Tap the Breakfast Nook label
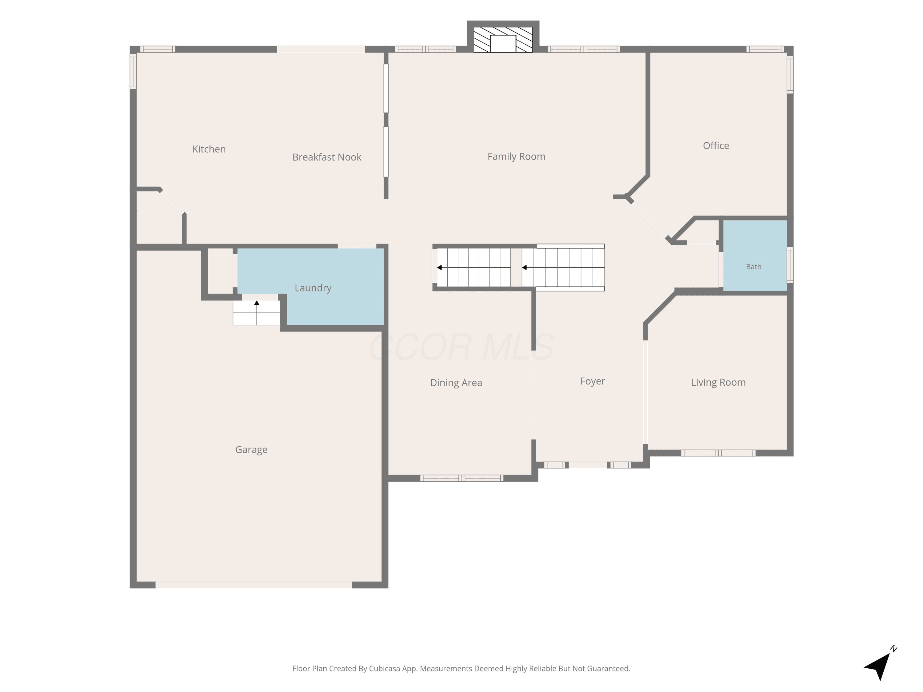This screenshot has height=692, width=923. pos(327,157)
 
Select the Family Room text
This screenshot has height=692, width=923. pos(516,157)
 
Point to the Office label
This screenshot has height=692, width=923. pos(716,145)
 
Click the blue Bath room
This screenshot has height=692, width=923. pos(755,255)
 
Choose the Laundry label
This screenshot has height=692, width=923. pos(313,288)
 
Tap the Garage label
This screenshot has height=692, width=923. pos(251,450)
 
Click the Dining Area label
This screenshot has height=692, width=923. pos(456,383)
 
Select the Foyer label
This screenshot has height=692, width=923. pos(593,381)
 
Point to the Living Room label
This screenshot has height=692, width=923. pos(718,383)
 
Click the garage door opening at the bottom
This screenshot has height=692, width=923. pos(254,585)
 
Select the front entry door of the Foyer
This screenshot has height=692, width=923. pos(588,465)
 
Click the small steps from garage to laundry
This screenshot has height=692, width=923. pos(256,312)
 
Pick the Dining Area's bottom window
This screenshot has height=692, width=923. pos(461,478)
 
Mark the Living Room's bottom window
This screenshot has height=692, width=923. pos(718,453)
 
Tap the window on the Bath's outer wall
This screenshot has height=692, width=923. pos(790,265)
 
